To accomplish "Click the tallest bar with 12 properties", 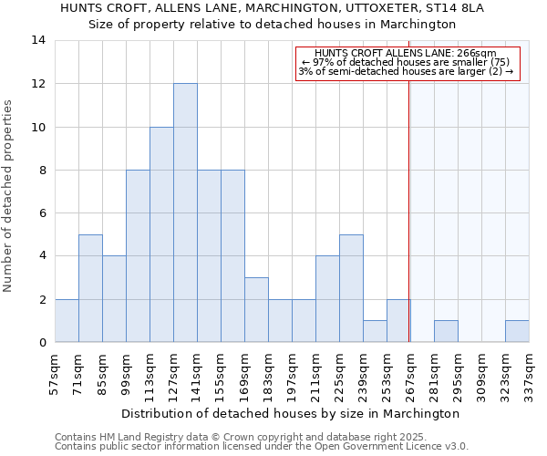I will (185, 212).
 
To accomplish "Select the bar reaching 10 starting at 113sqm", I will (161, 234).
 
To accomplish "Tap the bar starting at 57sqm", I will (67, 320).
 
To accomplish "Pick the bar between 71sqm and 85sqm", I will (90, 288).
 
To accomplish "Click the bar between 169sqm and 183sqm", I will (256, 310).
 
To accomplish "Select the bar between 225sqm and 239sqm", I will (351, 288).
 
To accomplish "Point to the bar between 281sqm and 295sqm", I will (446, 331).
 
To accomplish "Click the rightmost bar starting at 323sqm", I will (517, 331).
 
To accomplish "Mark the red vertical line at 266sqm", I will (408, 210).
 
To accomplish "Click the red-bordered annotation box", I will (408, 63).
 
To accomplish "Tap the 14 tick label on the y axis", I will (39, 40).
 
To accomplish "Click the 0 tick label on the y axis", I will (42, 343).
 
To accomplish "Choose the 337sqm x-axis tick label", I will (529, 372).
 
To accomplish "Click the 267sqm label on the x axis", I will (410, 372).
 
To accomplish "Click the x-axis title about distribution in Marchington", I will (291, 413).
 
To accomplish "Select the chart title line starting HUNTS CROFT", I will (272, 8).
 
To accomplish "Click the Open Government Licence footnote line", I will (261, 447).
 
